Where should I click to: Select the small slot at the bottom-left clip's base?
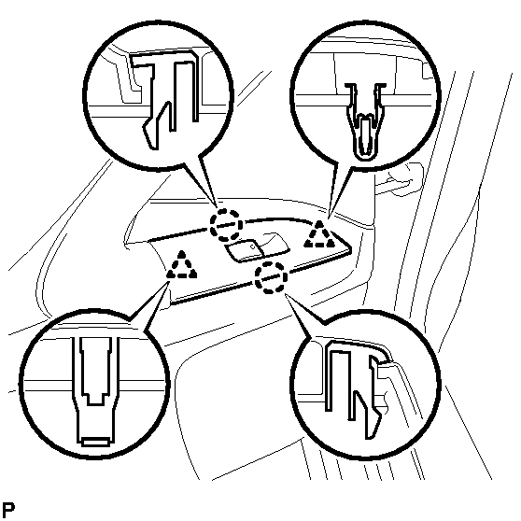[x=95, y=443]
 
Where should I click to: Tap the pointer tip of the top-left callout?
[x=217, y=209]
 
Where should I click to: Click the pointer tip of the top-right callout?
[x=329, y=219]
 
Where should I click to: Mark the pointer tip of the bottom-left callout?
[x=170, y=281]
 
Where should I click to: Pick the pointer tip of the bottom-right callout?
[x=285, y=293]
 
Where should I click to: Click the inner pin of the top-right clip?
[x=365, y=136]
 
